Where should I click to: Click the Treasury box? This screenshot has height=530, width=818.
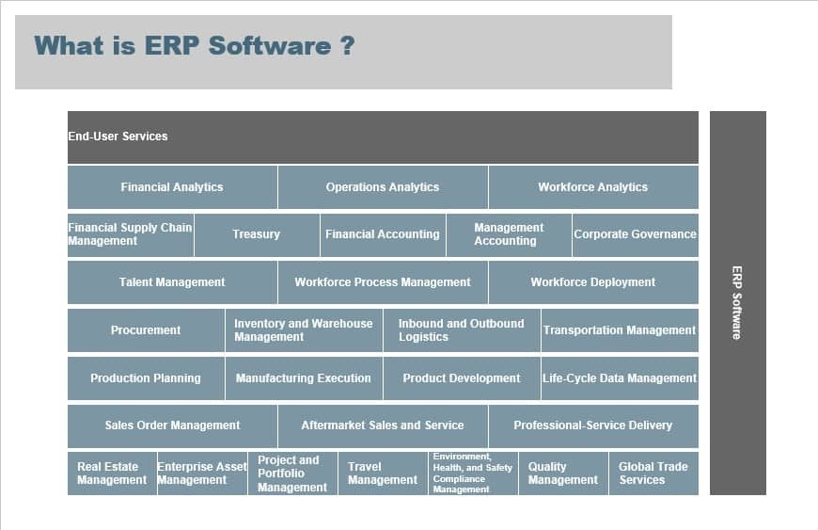click(x=256, y=235)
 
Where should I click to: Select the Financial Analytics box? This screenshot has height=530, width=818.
click(x=172, y=187)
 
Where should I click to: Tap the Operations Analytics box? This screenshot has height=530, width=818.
click(x=383, y=187)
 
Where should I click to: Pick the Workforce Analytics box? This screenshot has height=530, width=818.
click(x=593, y=187)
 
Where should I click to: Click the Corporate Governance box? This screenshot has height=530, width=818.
click(x=636, y=235)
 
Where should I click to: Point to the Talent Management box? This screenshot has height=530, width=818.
click(x=172, y=282)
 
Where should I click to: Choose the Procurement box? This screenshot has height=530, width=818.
click(x=146, y=330)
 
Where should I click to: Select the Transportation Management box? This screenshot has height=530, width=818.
click(x=620, y=330)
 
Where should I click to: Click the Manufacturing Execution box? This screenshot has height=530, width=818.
click(x=304, y=378)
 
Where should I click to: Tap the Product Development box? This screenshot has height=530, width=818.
click(x=462, y=378)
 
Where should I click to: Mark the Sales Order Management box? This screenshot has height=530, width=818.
click(x=172, y=426)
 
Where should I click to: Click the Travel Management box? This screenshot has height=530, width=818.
click(x=383, y=474)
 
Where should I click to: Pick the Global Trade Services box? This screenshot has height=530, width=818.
click(x=653, y=474)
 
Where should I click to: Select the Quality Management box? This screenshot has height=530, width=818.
click(x=563, y=474)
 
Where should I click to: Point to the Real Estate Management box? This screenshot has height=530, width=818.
click(x=112, y=474)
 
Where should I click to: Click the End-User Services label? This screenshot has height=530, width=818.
click(x=118, y=137)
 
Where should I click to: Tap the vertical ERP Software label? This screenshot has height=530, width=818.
click(x=736, y=303)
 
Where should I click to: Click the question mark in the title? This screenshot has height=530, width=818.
click(x=348, y=46)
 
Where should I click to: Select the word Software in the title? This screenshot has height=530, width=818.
click(x=270, y=46)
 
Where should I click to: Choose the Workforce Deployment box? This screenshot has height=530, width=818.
click(x=593, y=282)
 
